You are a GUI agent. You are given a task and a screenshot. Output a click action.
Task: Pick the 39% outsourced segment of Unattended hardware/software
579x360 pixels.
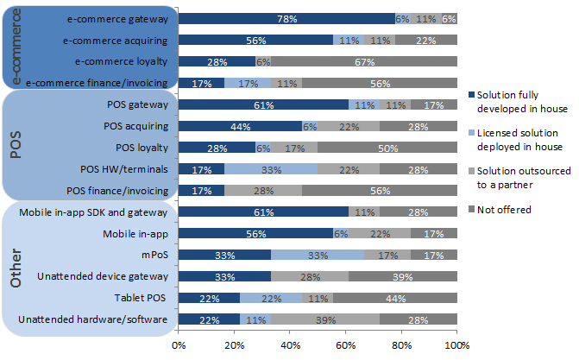324,320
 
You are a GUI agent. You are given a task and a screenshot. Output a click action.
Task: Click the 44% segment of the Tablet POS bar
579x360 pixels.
395,299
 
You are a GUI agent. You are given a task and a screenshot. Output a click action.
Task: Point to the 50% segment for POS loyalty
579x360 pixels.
387,147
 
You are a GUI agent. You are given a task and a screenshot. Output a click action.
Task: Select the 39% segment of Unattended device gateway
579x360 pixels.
403,277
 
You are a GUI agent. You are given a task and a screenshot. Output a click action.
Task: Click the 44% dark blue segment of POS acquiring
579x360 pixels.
240,126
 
